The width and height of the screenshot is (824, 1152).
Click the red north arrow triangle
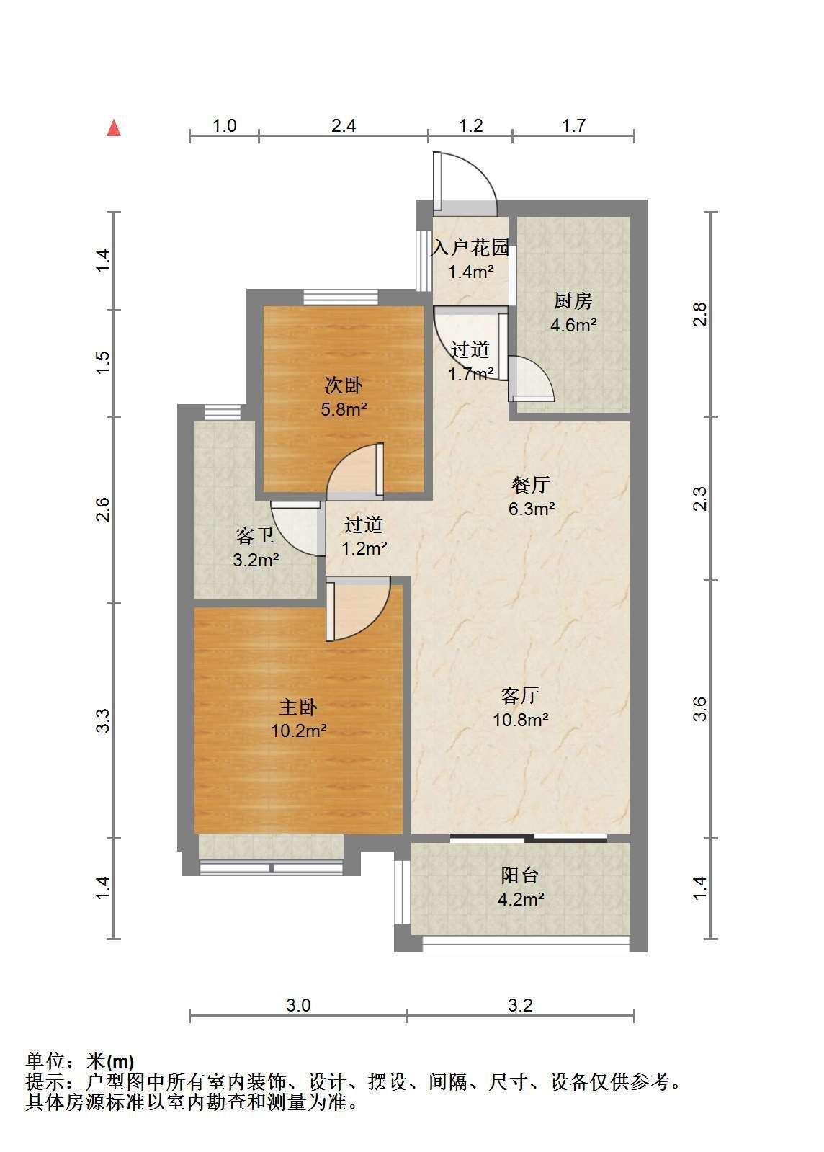pyautogui.click(x=114, y=128)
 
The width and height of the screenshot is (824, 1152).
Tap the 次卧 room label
pyautogui.click(x=344, y=385)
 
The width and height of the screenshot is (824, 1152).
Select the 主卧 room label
pyautogui.click(x=298, y=707)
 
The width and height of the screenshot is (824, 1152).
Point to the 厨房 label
pyautogui.click(x=573, y=301)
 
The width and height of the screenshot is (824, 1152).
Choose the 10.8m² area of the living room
pyautogui.click(x=521, y=720)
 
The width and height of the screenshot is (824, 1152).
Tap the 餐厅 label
pyautogui.click(x=531, y=484)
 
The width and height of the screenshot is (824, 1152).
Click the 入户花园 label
pyautogui.click(x=470, y=248)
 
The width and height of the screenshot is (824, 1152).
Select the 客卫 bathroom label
pyautogui.click(x=255, y=536)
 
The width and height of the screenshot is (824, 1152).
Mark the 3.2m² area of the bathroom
pyautogui.click(x=256, y=560)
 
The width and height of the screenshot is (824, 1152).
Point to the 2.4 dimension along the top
pyautogui.click(x=344, y=126)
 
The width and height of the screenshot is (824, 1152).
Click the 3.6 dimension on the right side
pyautogui.click(x=700, y=709)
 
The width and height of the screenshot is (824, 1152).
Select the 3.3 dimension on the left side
pyautogui.click(x=103, y=720)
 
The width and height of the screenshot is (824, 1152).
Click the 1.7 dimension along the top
pyautogui.click(x=573, y=126)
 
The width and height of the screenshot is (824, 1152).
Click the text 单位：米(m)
pyautogui.click(x=80, y=1061)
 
